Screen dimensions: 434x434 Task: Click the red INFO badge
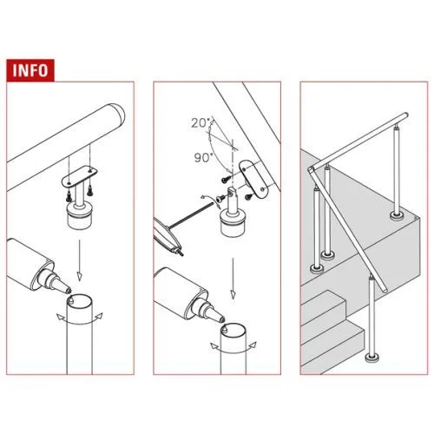point(30,70)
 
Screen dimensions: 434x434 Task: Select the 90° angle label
point(203,158)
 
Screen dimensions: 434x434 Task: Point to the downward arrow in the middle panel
point(233,279)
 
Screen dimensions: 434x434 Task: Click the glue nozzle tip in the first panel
point(68,289)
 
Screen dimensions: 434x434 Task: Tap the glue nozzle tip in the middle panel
point(221,319)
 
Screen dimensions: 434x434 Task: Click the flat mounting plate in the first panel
point(79,176)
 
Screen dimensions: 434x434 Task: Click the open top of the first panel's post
point(79,303)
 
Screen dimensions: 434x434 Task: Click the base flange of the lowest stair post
point(372,358)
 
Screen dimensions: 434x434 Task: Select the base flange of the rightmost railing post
point(398,215)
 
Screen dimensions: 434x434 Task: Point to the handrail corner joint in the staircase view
point(312,170)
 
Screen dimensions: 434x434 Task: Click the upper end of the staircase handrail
point(405,115)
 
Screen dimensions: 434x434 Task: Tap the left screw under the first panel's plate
point(69,195)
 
